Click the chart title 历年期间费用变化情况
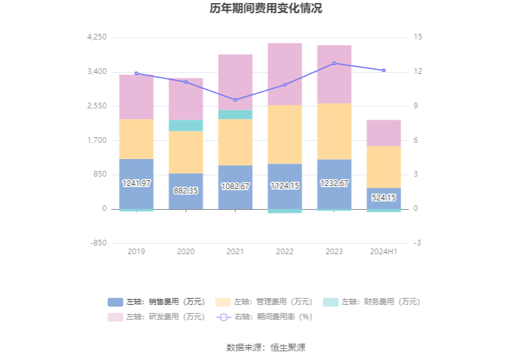(x=265, y=9)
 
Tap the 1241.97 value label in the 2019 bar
(x=136, y=183)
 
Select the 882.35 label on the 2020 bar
(x=186, y=190)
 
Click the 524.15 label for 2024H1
(x=384, y=197)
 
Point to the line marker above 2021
(x=235, y=100)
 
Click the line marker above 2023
(x=334, y=63)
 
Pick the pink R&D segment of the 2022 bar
(x=285, y=74)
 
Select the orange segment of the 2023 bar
(x=334, y=131)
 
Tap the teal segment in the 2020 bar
(x=186, y=125)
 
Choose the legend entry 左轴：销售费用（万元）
(x=156, y=302)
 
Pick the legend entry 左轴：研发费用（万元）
(x=156, y=317)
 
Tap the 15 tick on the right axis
(x=418, y=38)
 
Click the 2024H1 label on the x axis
(x=384, y=252)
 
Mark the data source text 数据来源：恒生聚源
(x=266, y=347)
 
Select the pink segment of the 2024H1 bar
(x=384, y=133)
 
